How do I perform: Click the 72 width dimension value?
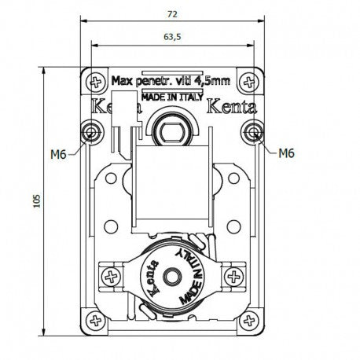click(x=172, y=14)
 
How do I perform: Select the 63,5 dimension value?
click(x=172, y=37)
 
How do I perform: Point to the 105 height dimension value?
click(x=37, y=201)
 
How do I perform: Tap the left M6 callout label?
click(x=58, y=154)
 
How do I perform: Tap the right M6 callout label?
click(x=286, y=153)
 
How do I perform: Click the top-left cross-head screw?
click(x=96, y=83)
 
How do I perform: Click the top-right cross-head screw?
click(x=248, y=83)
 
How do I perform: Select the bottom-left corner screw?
click(x=96, y=320)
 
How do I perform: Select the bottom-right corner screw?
click(x=249, y=320)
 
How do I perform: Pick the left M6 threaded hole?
click(x=91, y=130)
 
